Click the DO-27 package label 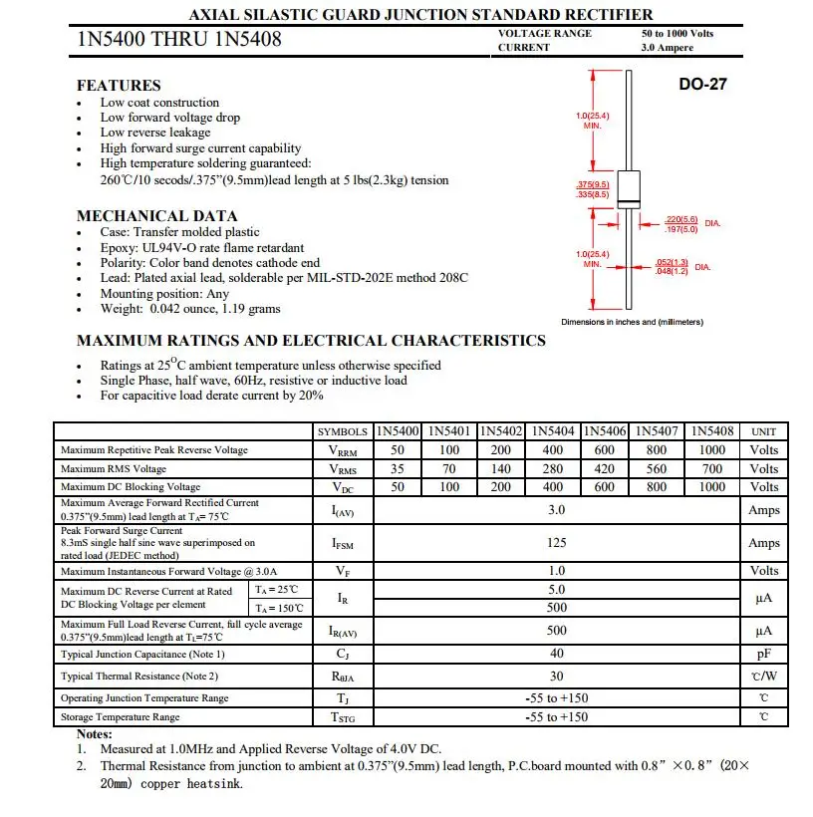coord(703,85)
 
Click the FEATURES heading coord(119,86)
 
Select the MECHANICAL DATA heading coord(157,216)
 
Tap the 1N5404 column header coord(552,431)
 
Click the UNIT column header coord(763,432)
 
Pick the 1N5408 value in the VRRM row coord(712,450)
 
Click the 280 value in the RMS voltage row coord(552,469)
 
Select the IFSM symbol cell coord(342,544)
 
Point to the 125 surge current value coord(556,543)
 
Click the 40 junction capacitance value coord(556,655)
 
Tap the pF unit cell coord(763,655)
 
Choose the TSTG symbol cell coord(342,717)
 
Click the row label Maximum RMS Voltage coord(114,469)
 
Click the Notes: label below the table coord(95,734)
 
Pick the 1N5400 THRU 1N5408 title coord(179,40)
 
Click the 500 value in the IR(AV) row coord(556,631)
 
